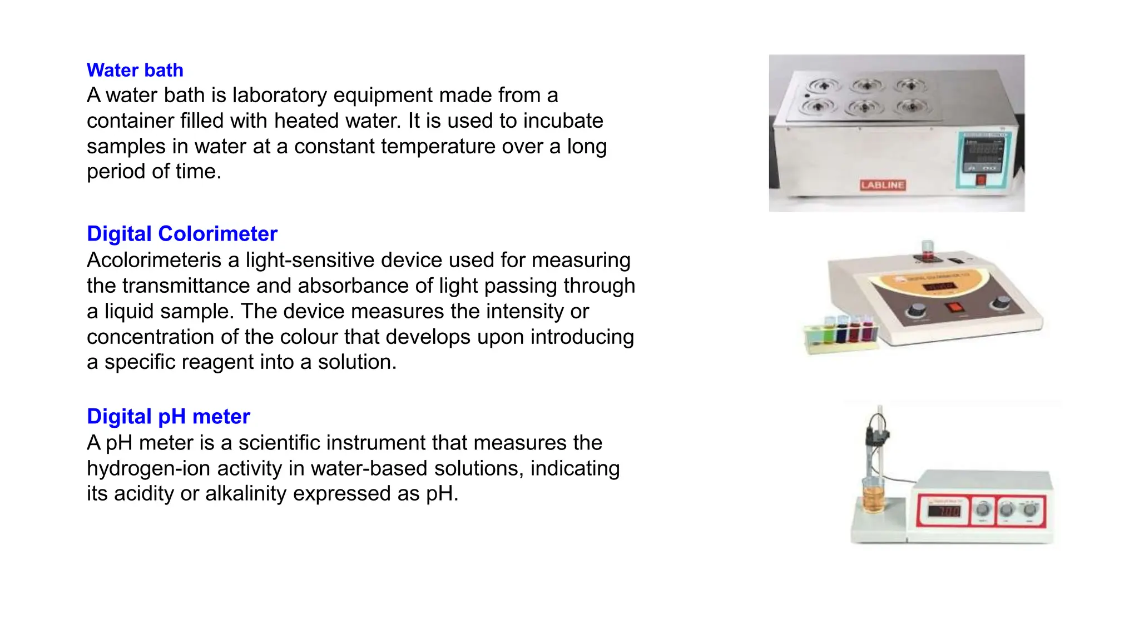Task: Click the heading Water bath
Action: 135,70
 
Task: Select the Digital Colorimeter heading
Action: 182,234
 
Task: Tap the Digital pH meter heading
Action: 168,417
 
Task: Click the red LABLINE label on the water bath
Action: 883,185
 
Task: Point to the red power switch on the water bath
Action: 980,180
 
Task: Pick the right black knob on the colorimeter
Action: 1001,303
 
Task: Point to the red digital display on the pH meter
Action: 943,509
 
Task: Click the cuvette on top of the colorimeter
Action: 927,249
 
